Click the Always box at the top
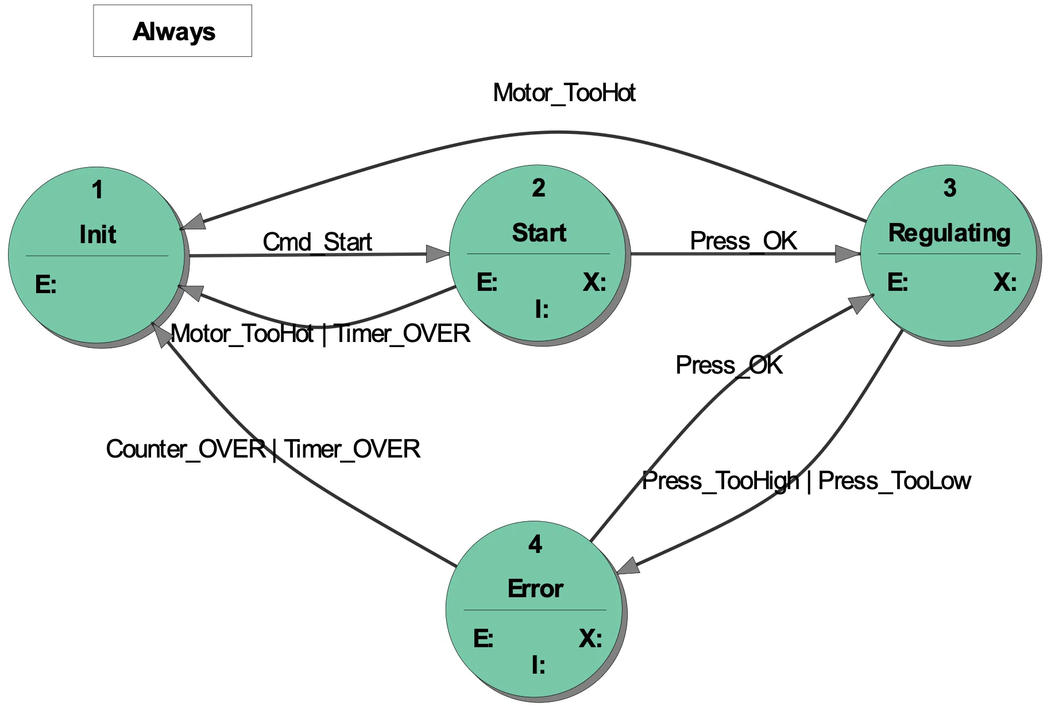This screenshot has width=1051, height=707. (x=172, y=31)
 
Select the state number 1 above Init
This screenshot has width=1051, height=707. (x=98, y=190)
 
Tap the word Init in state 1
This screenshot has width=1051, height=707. (x=98, y=235)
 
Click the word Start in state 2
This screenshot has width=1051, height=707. (x=539, y=233)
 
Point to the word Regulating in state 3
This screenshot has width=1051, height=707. (x=949, y=233)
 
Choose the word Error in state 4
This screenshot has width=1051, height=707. (x=535, y=589)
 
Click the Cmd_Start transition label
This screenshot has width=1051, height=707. (x=317, y=242)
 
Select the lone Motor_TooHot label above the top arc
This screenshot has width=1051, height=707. (x=564, y=93)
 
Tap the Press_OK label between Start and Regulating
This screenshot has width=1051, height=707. (x=743, y=241)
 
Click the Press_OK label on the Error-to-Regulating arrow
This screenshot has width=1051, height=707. (x=729, y=365)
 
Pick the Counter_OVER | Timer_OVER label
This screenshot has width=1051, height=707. (x=263, y=449)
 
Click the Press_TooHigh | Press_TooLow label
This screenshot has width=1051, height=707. (x=806, y=481)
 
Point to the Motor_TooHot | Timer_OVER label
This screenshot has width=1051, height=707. (x=320, y=333)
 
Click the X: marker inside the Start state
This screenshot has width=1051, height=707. (x=594, y=282)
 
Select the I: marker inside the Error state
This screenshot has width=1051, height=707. (x=538, y=665)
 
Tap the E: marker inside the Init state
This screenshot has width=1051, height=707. (x=46, y=285)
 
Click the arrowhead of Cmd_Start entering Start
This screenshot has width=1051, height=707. (x=438, y=253)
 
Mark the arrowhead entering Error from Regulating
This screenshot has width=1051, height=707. (x=628, y=566)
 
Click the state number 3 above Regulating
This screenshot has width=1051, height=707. (x=950, y=188)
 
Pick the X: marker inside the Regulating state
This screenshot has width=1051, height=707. (x=1005, y=282)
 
